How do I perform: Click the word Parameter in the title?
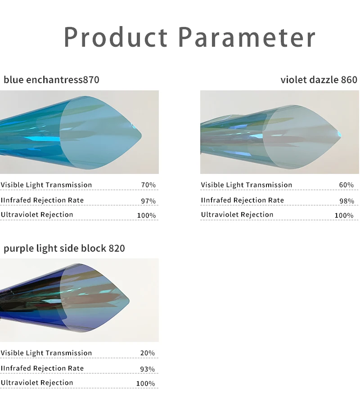[x=247, y=37]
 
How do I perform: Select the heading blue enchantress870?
[x=51, y=80]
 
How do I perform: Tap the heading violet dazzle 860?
[x=319, y=80]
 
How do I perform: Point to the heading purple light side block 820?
[x=64, y=248]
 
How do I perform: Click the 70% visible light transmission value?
[x=148, y=185]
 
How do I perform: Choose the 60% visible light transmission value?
[x=346, y=185]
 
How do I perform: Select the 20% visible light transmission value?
[x=148, y=353]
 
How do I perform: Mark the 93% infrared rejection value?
[x=148, y=369]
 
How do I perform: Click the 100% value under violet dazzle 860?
[x=344, y=215]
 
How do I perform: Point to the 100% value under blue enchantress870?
[x=146, y=215]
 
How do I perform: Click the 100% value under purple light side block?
[x=145, y=383]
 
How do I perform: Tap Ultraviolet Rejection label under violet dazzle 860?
[x=237, y=214]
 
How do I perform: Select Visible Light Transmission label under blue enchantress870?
[x=46, y=185]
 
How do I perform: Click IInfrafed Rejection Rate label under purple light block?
[x=42, y=368]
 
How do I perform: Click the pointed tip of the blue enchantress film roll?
[x=140, y=133]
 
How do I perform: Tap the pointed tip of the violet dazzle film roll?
[x=341, y=133]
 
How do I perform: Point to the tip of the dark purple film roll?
[x=129, y=300]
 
